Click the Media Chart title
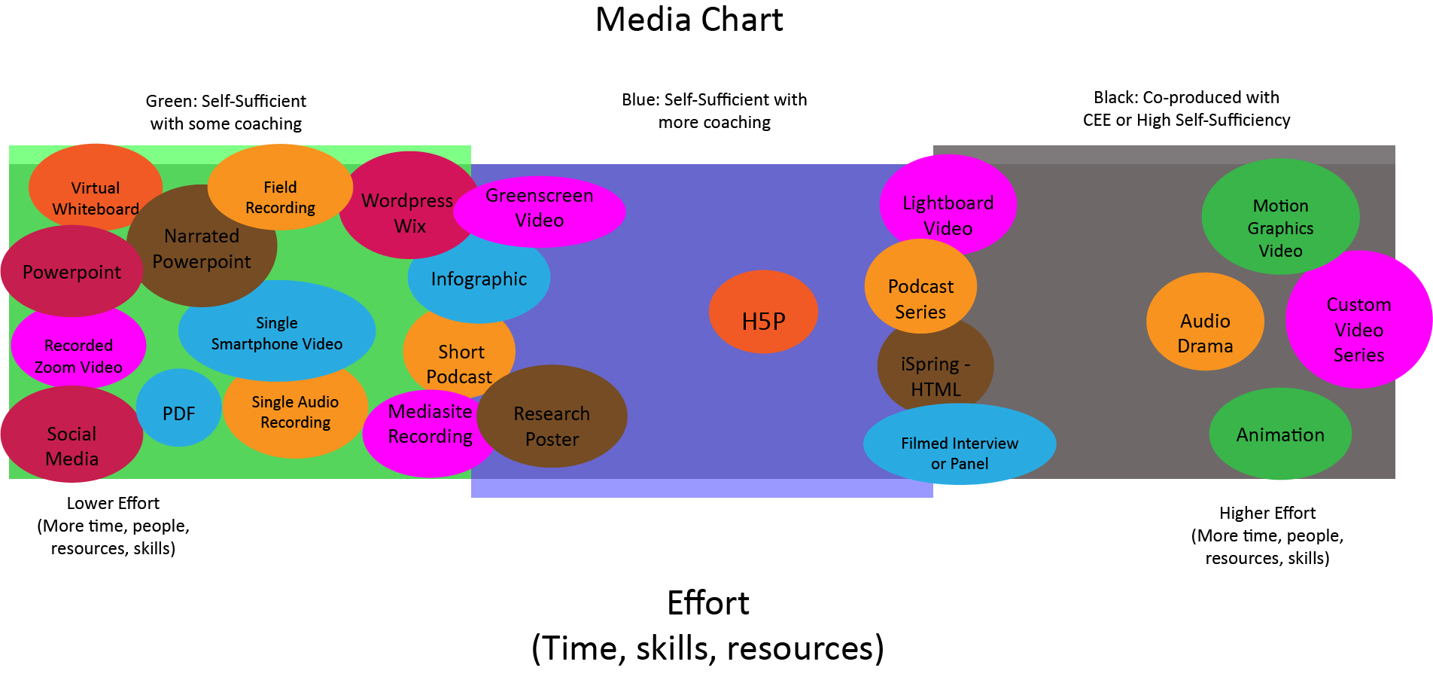pyautogui.click(x=689, y=20)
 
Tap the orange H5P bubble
pyautogui.click(x=763, y=313)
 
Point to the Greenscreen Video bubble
pyautogui.click(x=540, y=210)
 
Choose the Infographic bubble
pyautogui.click(x=479, y=279)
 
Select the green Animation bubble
pyautogui.click(x=1280, y=434)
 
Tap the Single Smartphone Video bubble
pyautogui.click(x=276, y=331)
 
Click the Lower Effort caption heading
pyautogui.click(x=113, y=503)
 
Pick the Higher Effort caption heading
pyautogui.click(x=1267, y=513)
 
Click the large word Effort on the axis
pyautogui.click(x=707, y=603)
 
